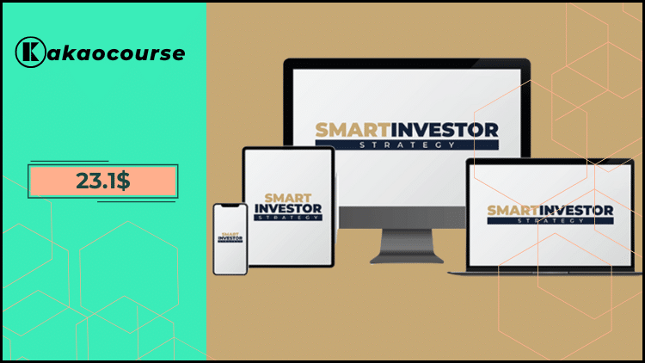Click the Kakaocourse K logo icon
point(28,52)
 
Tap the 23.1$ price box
point(102,181)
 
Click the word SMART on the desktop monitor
point(347,131)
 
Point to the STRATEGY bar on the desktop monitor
point(407,145)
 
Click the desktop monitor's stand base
point(407,257)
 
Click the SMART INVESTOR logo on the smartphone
point(230,237)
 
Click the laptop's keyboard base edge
point(544,272)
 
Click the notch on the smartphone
point(230,208)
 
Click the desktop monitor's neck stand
point(407,241)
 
